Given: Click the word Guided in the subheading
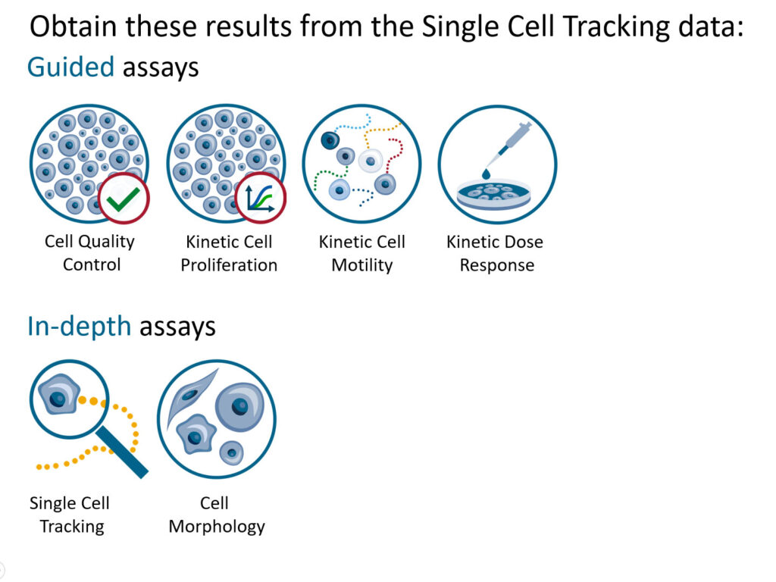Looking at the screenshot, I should point(70,67).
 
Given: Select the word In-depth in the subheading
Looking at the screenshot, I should point(80,326).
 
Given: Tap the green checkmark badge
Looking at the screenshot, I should point(124,199).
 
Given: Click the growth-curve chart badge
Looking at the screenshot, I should point(260,199).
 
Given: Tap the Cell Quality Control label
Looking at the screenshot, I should point(89,253).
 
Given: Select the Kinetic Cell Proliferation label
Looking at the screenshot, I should point(229,253).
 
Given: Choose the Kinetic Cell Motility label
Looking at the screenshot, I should point(361,253).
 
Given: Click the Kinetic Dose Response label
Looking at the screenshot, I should point(495,253).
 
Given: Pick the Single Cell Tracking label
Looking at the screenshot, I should point(70,514).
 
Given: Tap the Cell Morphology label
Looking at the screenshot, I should point(216,514).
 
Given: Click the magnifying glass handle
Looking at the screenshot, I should point(123,454).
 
